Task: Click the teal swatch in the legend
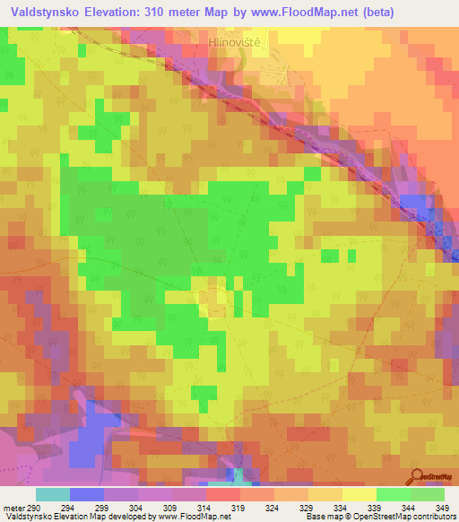52,495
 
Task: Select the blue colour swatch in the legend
86,495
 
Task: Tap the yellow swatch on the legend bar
359,495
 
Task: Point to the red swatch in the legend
222,495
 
